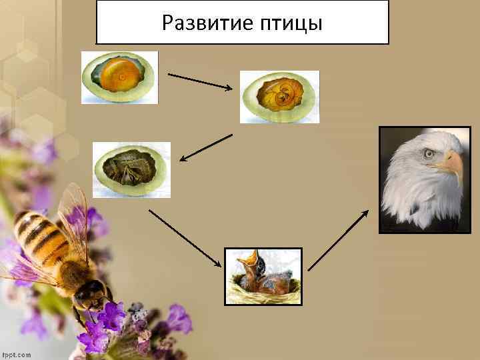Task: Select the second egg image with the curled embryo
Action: (279, 97)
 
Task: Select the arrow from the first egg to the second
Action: (200, 80)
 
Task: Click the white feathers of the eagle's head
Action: (407, 193)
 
